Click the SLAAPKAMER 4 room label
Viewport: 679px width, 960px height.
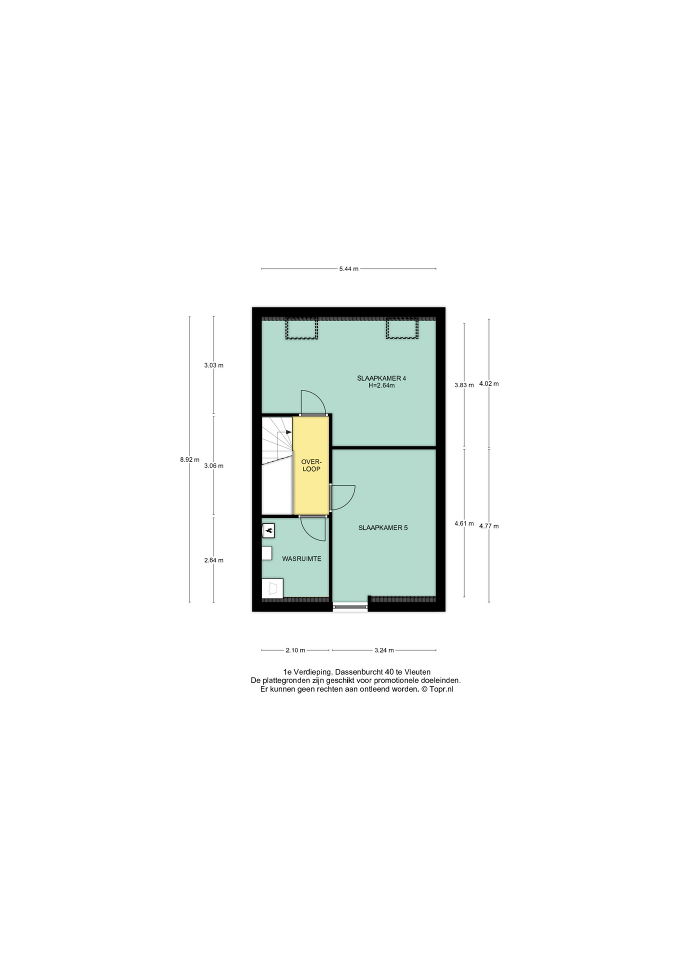[381, 378]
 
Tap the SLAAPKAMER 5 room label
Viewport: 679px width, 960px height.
[382, 527]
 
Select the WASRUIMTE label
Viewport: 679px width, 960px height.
[301, 558]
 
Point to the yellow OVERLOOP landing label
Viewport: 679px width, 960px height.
[311, 465]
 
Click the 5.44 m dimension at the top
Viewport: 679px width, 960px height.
[348, 268]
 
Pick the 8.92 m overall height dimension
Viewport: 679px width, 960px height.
[189, 459]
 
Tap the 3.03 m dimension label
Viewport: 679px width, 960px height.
[213, 365]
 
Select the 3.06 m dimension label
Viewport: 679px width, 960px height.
[213, 465]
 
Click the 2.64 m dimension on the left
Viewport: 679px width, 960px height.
[213, 560]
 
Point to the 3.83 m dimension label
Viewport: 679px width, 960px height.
[463, 385]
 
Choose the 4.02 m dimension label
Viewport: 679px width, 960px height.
[488, 383]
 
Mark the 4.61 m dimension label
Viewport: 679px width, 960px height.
[463, 523]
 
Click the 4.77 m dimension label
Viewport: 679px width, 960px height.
[488, 526]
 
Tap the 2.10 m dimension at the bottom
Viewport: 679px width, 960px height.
[295, 650]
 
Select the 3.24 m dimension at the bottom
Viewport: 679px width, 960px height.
[384, 650]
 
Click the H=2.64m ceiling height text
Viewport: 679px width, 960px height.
[381, 385]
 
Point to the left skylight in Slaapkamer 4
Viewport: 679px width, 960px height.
[301, 329]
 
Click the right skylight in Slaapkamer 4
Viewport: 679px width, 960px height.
[401, 329]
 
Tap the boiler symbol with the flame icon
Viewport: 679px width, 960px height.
[268, 530]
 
